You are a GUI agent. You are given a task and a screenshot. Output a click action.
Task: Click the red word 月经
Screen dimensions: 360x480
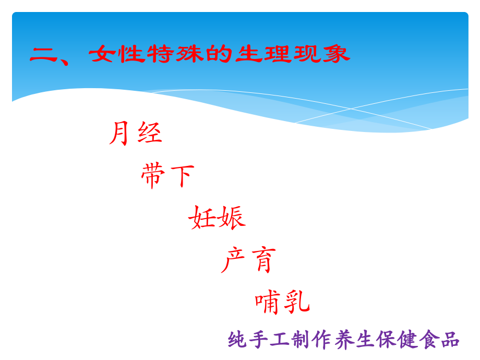point(136,133)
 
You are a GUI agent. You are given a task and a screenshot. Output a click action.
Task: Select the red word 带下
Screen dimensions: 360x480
point(167,175)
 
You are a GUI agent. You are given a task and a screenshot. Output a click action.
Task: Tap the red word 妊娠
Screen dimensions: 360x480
point(217,217)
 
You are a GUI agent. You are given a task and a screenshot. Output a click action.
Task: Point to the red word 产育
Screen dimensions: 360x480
point(248,260)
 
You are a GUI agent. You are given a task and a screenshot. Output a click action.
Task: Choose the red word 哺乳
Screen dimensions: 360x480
point(283,302)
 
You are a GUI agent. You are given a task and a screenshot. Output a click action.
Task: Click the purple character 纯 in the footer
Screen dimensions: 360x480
point(237,340)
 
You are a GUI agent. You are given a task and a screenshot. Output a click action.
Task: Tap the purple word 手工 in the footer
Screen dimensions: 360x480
point(269,340)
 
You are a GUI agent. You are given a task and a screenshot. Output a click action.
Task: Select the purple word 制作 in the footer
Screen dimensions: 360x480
point(314,340)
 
